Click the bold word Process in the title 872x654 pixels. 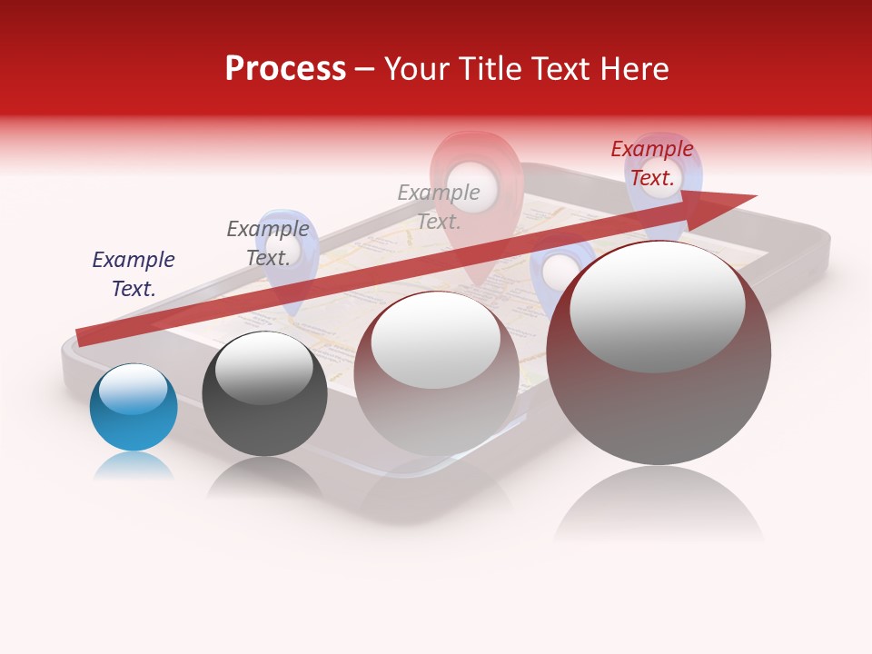tap(285, 69)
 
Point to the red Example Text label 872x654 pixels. tap(651, 163)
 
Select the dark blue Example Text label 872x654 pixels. tap(134, 274)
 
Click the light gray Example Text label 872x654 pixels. tap(439, 206)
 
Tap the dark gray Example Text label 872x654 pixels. tap(268, 243)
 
